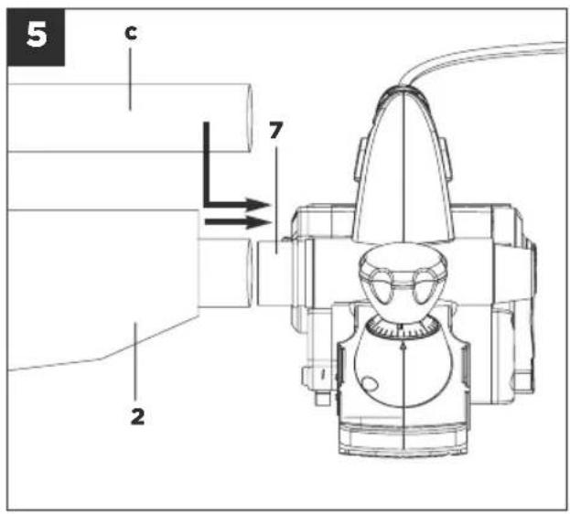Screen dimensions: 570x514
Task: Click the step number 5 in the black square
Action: tap(37, 35)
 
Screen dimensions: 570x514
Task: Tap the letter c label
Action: tap(131, 33)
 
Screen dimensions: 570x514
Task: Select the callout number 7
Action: tap(276, 130)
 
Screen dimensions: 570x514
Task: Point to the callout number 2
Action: tap(137, 416)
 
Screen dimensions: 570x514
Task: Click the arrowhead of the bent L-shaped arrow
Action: tap(258, 205)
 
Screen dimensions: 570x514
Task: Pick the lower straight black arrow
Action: tap(238, 222)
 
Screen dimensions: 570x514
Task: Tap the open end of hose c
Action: tap(250, 118)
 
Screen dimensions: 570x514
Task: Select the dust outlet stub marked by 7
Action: tap(274, 273)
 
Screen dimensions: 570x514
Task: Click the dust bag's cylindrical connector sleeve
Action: tap(225, 273)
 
